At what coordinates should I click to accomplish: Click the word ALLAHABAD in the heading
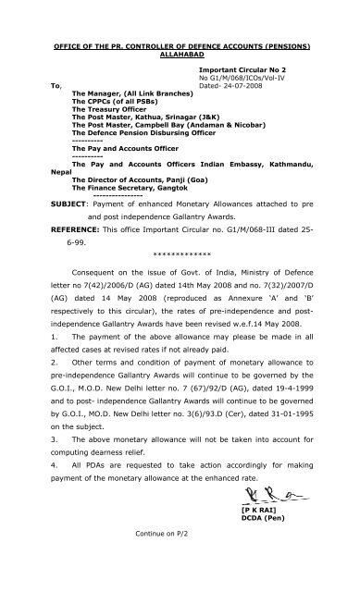click(x=179, y=55)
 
